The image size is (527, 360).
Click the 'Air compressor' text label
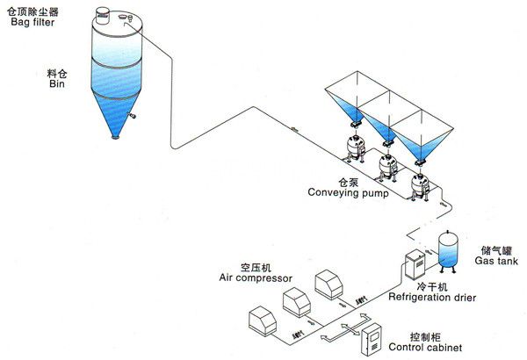tap(255, 277)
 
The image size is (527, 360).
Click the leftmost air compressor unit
tap(266, 321)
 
